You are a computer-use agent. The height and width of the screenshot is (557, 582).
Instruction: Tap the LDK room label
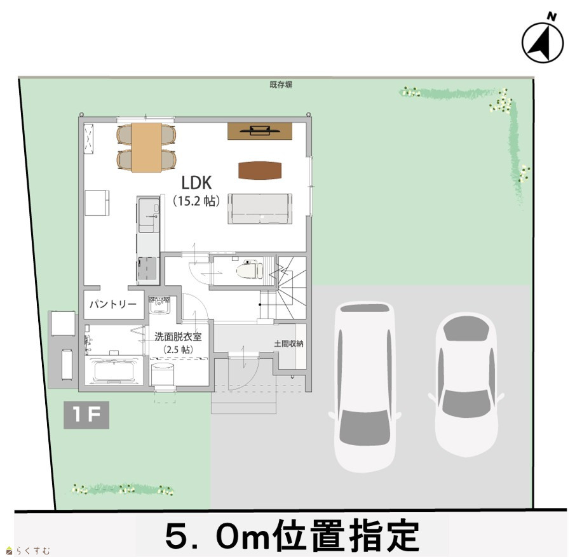tap(196, 183)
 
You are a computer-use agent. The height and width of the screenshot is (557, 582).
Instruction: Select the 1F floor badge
tap(86, 415)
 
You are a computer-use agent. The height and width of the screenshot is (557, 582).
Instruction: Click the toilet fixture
tap(249, 269)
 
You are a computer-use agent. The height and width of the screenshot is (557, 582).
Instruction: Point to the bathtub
tap(114, 370)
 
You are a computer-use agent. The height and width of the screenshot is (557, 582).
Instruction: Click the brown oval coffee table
tap(260, 171)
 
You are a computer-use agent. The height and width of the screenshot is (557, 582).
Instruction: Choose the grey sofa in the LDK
tap(260, 208)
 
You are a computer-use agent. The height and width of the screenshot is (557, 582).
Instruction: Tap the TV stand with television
tap(260, 131)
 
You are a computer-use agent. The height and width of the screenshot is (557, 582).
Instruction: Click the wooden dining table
tap(147, 147)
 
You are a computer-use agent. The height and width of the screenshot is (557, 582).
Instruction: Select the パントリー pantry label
tap(113, 305)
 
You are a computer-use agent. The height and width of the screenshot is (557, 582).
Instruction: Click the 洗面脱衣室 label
tap(178, 337)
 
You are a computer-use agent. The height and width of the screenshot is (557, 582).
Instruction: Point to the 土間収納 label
tap(288, 344)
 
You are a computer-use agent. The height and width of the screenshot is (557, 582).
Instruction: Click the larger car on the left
tap(364, 386)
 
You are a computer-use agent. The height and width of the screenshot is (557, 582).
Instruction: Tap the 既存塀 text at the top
tap(281, 84)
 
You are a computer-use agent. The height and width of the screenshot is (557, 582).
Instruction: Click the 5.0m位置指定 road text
tap(292, 535)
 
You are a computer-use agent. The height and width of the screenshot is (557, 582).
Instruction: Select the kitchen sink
tap(149, 214)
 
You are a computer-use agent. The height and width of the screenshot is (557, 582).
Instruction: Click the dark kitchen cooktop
tap(148, 268)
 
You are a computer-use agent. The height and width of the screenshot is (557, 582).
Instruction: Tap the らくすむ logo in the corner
tap(28, 551)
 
